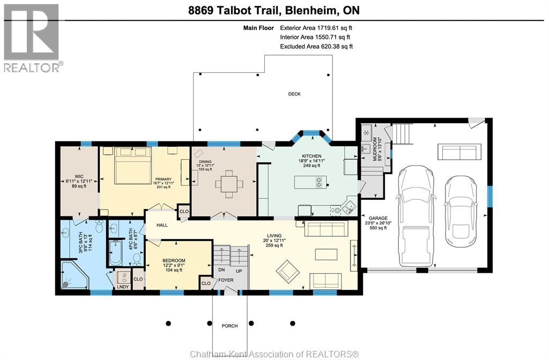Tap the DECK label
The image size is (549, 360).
(294, 94)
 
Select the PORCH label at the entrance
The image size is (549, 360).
(229, 326)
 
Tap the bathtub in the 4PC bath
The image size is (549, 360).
(115, 252)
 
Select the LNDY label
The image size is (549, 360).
(123, 287)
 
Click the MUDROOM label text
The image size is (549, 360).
(379, 149)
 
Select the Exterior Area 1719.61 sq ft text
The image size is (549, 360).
(316, 28)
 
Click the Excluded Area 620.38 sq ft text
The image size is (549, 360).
(316, 47)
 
